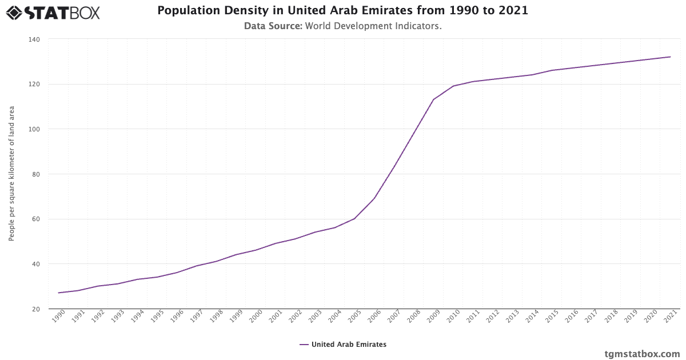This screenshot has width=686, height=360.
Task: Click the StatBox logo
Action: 53,13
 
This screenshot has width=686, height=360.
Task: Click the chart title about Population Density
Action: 342,11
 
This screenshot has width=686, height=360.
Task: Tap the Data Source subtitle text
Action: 342,26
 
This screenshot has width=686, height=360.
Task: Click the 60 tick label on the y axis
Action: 35,219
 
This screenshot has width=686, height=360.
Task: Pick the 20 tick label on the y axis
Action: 35,309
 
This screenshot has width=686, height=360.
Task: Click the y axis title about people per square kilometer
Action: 11,174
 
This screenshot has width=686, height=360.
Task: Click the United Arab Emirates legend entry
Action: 343,345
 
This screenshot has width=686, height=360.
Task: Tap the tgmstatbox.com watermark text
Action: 643,354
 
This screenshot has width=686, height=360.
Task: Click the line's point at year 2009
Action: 433,99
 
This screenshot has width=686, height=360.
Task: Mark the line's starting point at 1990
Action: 58,293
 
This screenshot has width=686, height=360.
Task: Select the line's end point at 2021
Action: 670,57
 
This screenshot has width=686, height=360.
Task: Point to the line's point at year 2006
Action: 374,198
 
